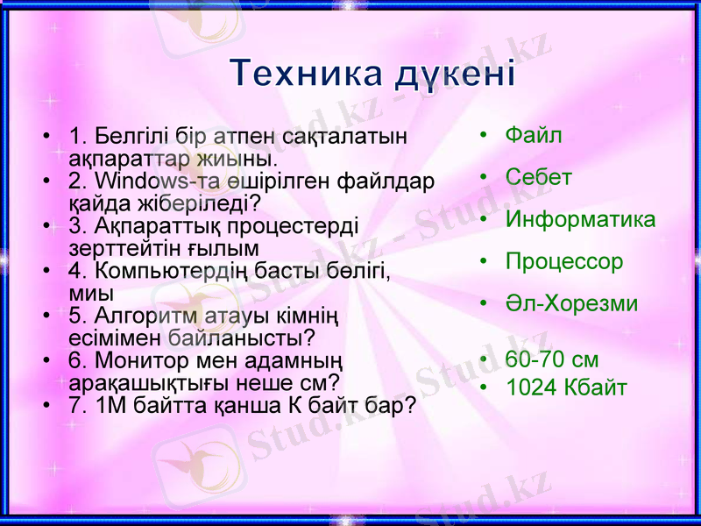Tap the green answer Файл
point(534,135)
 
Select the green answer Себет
point(539,177)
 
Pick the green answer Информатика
point(580,219)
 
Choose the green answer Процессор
point(564,261)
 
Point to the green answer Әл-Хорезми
point(571,303)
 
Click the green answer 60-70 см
point(552,359)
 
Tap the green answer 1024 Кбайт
point(566,387)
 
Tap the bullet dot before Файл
point(482,136)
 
